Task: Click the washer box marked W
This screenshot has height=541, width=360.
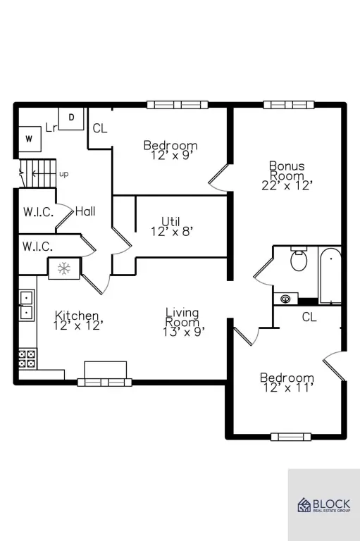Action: pyautogui.click(x=30, y=139)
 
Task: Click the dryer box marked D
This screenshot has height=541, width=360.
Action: pyautogui.click(x=71, y=118)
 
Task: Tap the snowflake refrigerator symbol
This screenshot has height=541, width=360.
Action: pyautogui.click(x=64, y=268)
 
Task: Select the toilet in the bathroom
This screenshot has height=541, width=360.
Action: pyautogui.click(x=299, y=259)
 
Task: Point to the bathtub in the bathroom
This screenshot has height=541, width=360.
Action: pyautogui.click(x=330, y=275)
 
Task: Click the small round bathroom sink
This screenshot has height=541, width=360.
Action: pyautogui.click(x=285, y=299)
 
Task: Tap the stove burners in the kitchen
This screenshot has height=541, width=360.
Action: pyautogui.click(x=27, y=359)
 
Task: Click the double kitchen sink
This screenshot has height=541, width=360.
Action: pyautogui.click(x=27, y=305)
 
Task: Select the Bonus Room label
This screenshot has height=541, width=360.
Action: pyautogui.click(x=287, y=170)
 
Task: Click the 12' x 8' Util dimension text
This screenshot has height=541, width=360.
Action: pyautogui.click(x=171, y=231)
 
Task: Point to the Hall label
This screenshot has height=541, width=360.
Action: pyautogui.click(x=85, y=211)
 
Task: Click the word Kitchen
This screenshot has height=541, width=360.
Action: pyautogui.click(x=77, y=316)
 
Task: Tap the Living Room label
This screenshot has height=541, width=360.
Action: pyautogui.click(x=182, y=318)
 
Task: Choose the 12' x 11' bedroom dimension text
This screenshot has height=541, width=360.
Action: pyautogui.click(x=288, y=388)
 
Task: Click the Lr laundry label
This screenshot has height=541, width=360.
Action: pyautogui.click(x=51, y=128)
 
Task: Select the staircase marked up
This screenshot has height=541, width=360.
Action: pyautogui.click(x=37, y=173)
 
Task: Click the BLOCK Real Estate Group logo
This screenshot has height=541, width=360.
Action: pyautogui.click(x=324, y=505)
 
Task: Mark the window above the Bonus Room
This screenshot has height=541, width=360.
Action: pyautogui.click(x=289, y=104)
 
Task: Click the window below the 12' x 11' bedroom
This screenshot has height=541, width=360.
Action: pyautogui.click(x=291, y=437)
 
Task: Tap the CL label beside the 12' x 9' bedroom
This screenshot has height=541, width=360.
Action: pyautogui.click(x=100, y=128)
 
